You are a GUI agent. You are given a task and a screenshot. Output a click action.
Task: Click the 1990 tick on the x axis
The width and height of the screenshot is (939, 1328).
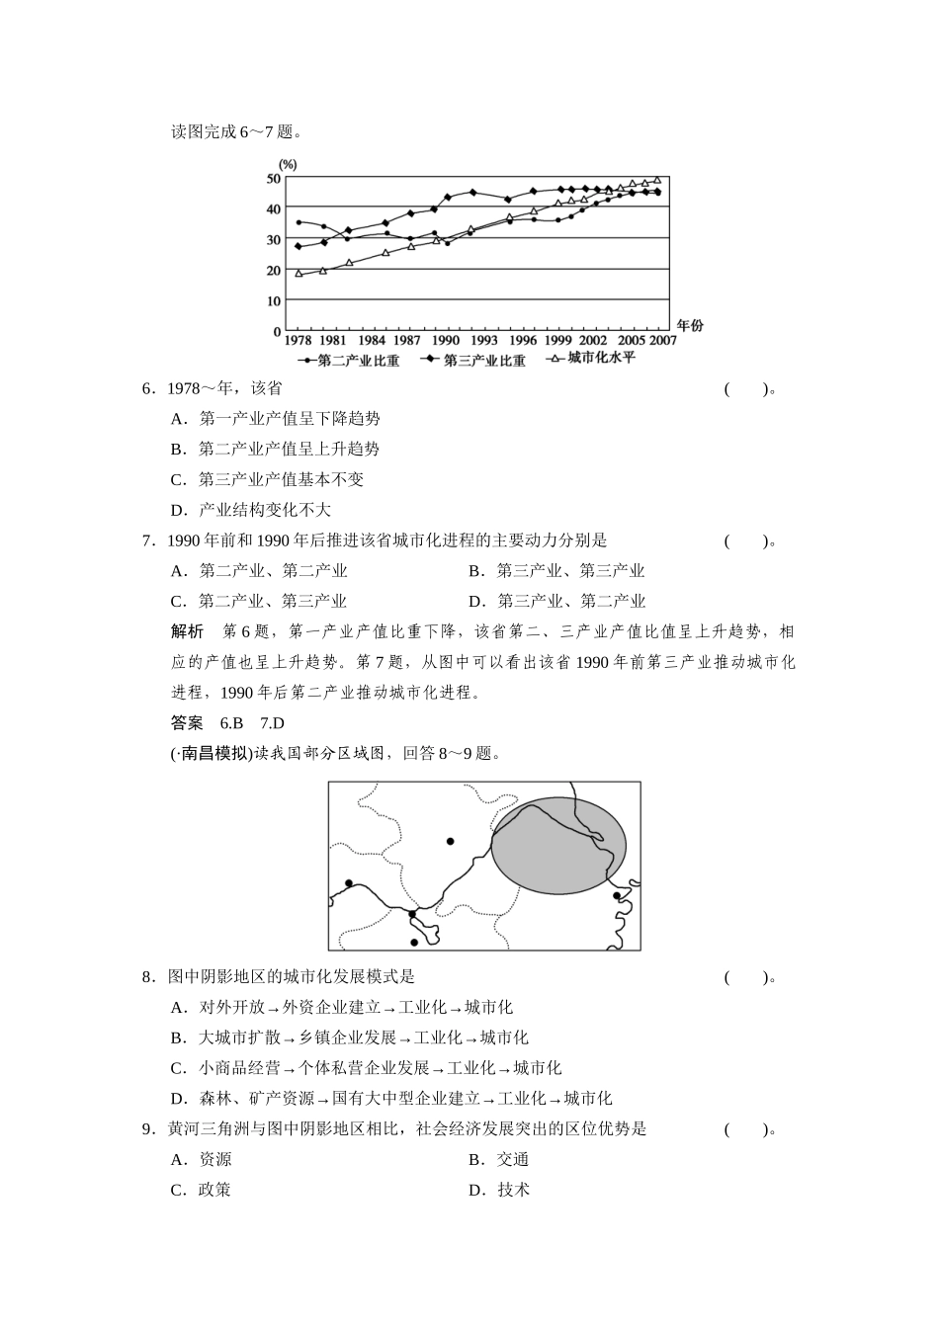[x=446, y=340]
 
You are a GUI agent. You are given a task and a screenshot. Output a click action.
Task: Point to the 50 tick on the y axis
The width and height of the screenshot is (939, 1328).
[x=274, y=178]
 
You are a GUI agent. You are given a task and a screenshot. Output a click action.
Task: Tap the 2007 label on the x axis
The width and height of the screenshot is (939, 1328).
[x=663, y=340]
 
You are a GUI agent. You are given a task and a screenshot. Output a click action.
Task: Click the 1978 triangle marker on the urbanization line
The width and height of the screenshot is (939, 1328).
[x=299, y=273]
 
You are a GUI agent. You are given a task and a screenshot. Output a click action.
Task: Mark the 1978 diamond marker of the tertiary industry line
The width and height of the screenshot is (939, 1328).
[x=299, y=246]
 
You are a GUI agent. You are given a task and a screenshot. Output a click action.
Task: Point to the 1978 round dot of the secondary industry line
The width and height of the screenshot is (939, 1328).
[x=299, y=222]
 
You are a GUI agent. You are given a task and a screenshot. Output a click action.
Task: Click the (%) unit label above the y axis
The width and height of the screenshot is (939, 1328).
[x=288, y=164]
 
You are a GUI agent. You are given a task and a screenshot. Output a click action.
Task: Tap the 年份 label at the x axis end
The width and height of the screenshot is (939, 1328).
[x=690, y=326]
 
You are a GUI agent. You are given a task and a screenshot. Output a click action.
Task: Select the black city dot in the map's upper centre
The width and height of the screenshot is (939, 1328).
[x=450, y=841]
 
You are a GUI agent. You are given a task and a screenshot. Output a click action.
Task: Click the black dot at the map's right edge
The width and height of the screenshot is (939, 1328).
[x=617, y=895]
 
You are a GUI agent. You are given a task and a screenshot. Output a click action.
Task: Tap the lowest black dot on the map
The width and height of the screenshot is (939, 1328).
[x=414, y=942]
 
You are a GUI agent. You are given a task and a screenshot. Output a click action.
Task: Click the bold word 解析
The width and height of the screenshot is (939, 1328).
[x=187, y=631]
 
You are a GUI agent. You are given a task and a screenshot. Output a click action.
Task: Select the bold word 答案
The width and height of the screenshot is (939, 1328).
[x=187, y=722]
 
